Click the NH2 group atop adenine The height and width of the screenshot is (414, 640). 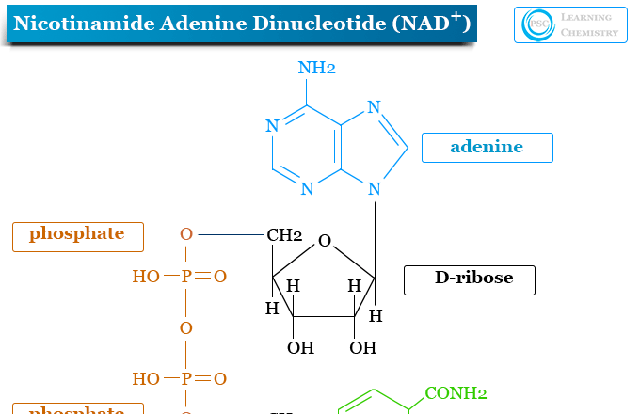pos(316,68)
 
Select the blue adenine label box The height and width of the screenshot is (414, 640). pos(487,147)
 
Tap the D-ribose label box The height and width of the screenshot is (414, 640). pos(470,279)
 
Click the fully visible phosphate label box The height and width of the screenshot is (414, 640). pos(78,235)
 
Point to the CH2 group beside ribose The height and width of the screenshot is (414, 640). pos(284,234)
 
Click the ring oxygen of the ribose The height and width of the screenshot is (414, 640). pos(325,242)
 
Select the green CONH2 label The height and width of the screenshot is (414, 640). pos(456,393)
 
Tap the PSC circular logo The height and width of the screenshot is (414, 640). pos(538,25)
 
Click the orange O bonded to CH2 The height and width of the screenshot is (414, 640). pos(186,234)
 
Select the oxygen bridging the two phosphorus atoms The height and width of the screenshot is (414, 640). pos(186,327)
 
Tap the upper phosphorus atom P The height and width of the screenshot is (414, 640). pos(186,277)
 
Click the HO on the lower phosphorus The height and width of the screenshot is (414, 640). pos(146,379)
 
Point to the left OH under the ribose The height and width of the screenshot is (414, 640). pos(300,348)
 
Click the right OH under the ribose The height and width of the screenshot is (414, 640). pos(362,348)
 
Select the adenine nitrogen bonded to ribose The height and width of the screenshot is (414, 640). pos(375,189)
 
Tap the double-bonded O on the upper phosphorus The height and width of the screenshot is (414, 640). pos(220,277)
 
